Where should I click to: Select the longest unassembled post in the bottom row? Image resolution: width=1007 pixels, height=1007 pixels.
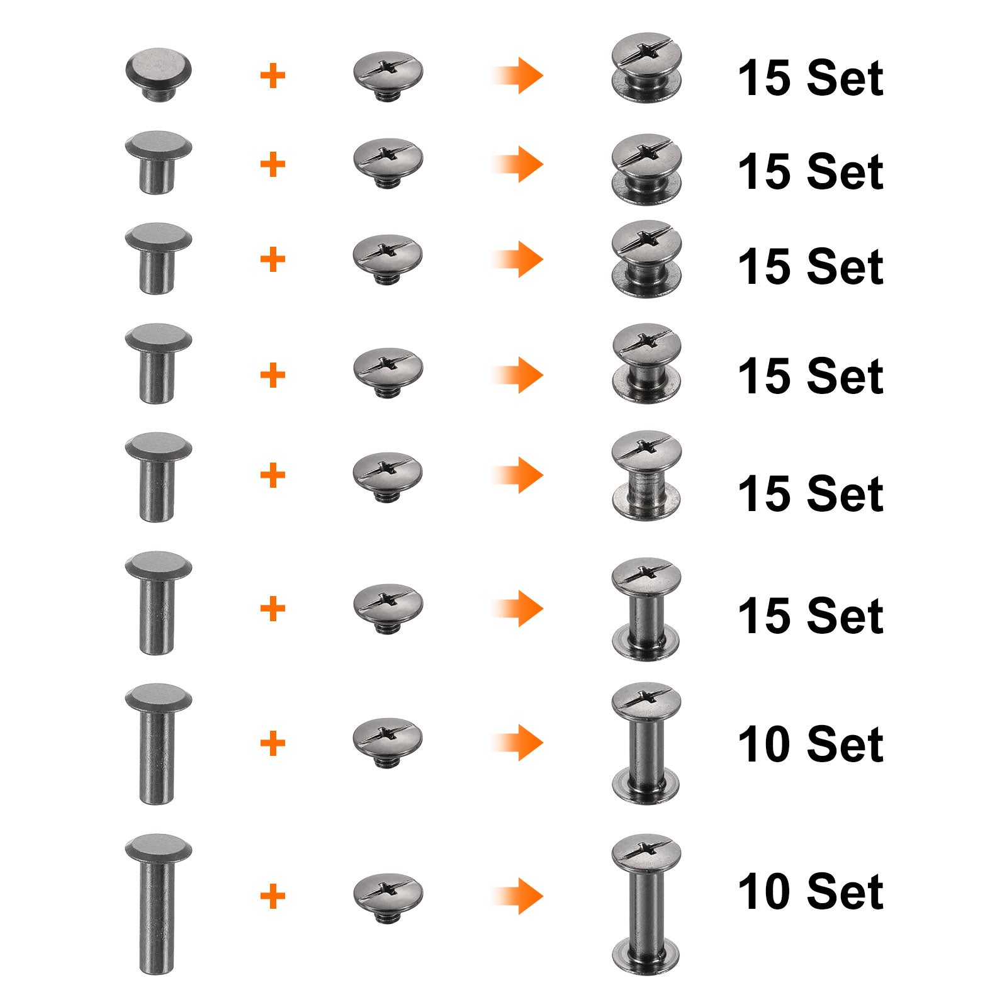point(157,904)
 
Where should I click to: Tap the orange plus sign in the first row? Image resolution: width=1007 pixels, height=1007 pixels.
point(273,76)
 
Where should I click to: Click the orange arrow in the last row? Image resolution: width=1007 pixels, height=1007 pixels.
point(517,896)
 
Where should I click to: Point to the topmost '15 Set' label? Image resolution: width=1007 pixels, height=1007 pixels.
point(811,78)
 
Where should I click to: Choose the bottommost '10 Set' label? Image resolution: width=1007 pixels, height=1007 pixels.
point(811,891)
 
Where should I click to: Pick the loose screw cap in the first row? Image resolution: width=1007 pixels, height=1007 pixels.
point(388,76)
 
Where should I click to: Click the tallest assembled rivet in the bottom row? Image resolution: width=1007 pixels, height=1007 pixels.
point(646,904)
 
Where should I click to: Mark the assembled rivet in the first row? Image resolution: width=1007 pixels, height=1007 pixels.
point(647,67)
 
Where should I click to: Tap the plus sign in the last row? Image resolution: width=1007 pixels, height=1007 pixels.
point(273,896)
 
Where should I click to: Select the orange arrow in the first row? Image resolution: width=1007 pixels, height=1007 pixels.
point(517,76)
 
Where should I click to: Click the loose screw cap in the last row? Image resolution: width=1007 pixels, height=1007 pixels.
point(388,897)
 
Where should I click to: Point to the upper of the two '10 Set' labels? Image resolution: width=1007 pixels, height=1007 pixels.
point(811,744)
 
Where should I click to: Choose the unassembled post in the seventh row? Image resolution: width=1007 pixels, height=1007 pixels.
point(158,744)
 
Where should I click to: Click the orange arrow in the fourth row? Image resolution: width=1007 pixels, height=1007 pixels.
point(517,375)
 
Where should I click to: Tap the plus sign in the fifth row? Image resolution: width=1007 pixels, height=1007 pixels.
point(273,475)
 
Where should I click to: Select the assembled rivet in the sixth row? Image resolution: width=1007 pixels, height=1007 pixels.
point(646,609)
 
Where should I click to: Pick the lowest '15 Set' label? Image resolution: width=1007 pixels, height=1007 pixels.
point(811,616)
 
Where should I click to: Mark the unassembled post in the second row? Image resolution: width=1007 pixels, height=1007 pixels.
point(158,162)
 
